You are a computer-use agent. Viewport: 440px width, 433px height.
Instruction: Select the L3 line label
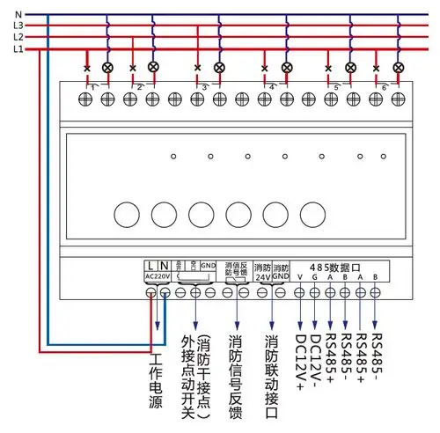click(18, 26)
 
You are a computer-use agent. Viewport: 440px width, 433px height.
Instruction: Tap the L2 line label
click(18, 38)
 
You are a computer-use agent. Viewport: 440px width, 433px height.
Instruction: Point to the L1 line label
click(18, 49)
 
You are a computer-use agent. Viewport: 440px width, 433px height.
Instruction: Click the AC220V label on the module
click(158, 276)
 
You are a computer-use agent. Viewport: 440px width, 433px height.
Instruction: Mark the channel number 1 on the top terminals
click(93, 86)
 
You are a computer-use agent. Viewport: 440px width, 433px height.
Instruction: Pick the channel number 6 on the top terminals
click(384, 86)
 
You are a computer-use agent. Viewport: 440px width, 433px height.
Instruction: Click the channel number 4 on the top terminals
click(272, 86)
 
